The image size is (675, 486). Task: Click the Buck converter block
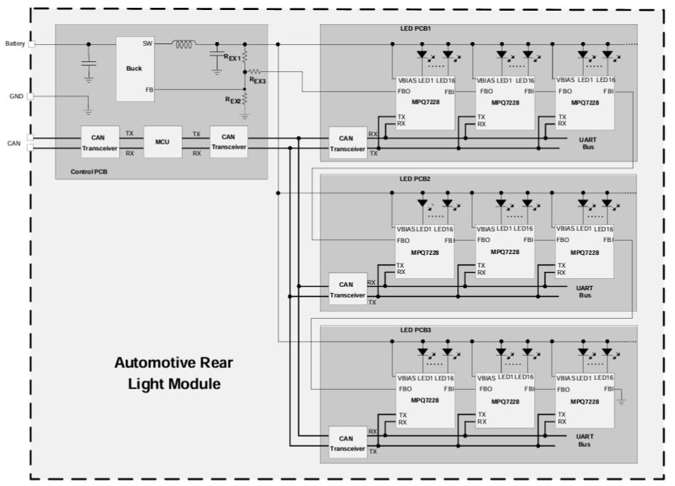tap(135, 68)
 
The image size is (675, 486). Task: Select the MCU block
tap(162, 142)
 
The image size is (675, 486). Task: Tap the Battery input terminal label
tap(15, 43)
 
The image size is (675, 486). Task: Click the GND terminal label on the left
tap(16, 96)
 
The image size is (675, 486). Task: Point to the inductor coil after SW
tap(184, 44)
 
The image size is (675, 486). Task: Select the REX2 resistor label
tap(233, 100)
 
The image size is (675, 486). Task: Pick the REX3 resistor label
tap(257, 80)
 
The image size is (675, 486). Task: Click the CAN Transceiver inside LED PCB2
tap(347, 290)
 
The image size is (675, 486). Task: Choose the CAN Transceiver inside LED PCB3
tap(347, 443)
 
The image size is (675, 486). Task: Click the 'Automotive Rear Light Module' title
tap(174, 374)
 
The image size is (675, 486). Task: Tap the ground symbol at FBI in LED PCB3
tap(622, 402)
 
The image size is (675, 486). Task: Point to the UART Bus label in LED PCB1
tap(587, 142)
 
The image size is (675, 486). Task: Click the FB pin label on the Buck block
tap(148, 90)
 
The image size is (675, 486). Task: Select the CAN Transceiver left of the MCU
tap(100, 142)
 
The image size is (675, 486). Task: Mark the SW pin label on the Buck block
tap(147, 43)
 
